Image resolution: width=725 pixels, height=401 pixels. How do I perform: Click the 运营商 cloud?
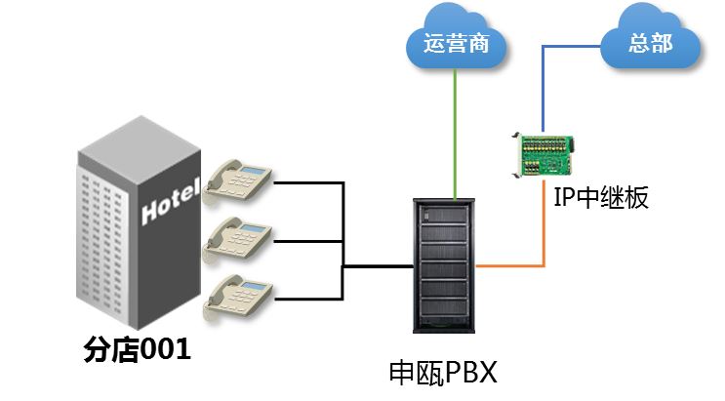[x=455, y=44]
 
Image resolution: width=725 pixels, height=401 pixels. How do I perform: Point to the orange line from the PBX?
[x=517, y=264]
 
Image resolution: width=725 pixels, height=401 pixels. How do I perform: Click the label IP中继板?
[x=600, y=198]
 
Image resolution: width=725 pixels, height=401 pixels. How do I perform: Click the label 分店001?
[x=136, y=349]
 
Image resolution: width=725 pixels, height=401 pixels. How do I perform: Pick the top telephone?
[x=238, y=180]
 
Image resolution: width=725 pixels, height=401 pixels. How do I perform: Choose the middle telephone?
[x=238, y=237]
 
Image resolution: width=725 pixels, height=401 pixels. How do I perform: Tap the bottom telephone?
[x=238, y=295]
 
